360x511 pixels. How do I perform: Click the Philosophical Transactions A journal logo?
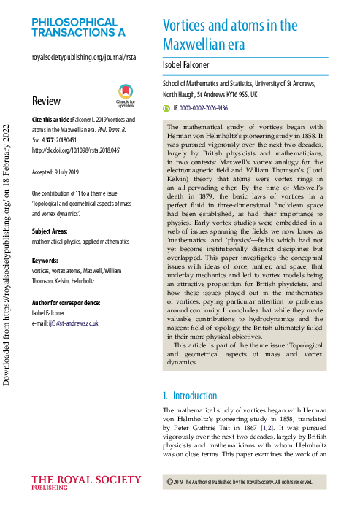pos(79,28)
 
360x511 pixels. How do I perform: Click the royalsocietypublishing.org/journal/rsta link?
pos(84,57)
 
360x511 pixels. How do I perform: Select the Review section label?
pos(47,101)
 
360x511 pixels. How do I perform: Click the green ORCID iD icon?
pos(165,107)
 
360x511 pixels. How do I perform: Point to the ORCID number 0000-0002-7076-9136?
pos(206,107)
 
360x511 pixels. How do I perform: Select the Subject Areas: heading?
pos(51,231)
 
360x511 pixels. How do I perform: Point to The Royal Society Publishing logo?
pos(86,483)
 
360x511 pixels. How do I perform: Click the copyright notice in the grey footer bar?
pos(240,482)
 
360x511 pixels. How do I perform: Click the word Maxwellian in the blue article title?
pos(200,45)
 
